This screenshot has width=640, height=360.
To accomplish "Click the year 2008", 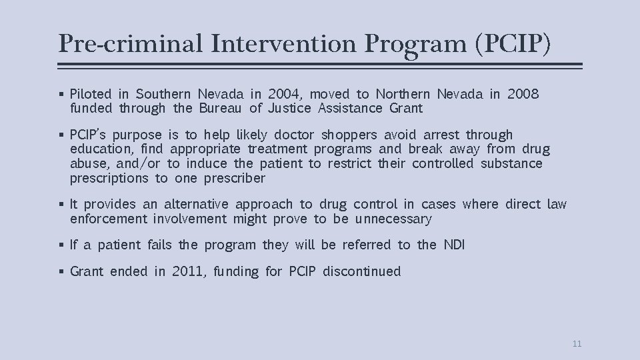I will tap(523, 94).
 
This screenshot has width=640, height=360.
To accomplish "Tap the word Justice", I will tap(291, 108).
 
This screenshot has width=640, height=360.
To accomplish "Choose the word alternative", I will tap(196, 205).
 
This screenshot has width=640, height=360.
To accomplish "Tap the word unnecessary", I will tap(393, 219).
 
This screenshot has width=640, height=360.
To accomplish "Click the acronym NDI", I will tap(454, 245).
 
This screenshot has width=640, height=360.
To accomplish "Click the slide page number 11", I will tap(577, 344).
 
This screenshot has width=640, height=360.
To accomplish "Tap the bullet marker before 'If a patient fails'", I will tap(61, 245).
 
